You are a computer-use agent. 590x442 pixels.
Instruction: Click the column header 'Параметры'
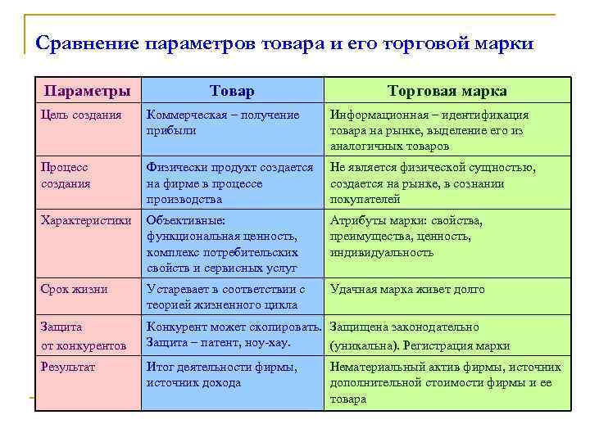pos(86,91)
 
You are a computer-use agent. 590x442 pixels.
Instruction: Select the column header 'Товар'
pos(232,91)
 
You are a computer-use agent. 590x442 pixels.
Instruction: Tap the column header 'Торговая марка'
pos(447,91)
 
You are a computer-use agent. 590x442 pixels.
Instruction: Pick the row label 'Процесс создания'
pos(67,175)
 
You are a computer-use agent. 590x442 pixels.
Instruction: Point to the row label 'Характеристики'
pos(86,220)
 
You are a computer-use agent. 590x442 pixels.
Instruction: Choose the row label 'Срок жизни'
pos(75,289)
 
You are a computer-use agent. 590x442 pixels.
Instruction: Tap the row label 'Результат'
pos(68,367)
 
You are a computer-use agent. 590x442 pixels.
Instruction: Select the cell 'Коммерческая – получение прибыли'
pos(222,122)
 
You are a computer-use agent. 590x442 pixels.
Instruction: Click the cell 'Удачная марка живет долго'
pos(407,289)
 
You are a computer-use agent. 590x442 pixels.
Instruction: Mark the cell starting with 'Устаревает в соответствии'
pos(225,296)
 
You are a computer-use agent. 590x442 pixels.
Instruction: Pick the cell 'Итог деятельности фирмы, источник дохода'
pos(221,374)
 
